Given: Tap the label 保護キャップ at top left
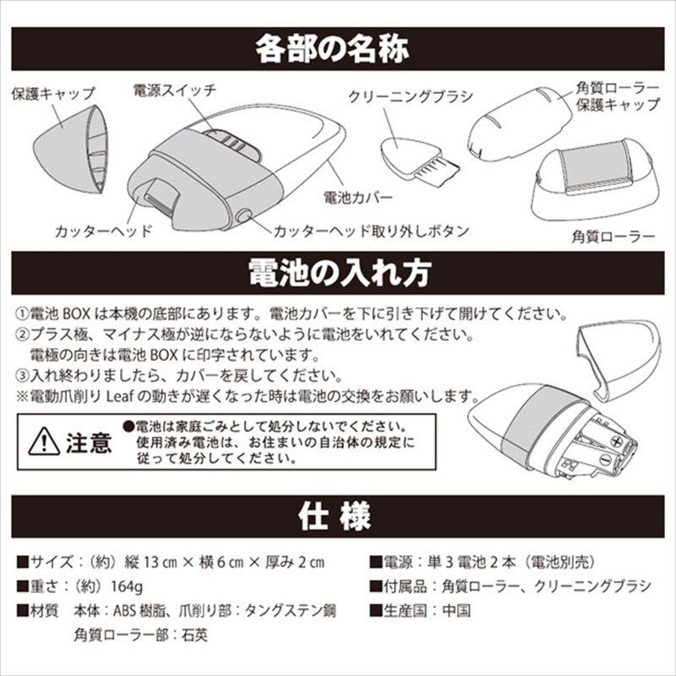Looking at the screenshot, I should pyautogui.click(x=53, y=93).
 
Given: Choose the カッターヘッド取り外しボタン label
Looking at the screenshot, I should pyautogui.click(x=371, y=230).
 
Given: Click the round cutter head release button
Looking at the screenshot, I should pyautogui.click(x=244, y=215).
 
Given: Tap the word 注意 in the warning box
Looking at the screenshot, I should pyautogui.click(x=88, y=442).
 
